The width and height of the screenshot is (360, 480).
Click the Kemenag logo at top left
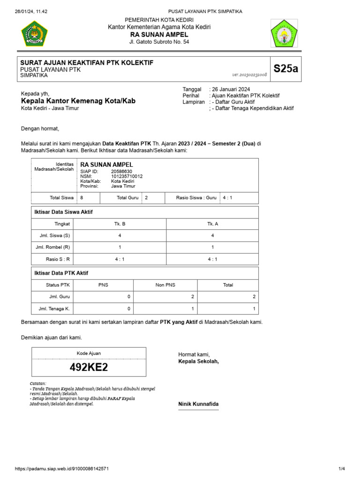35,33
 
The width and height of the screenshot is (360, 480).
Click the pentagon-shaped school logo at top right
284,34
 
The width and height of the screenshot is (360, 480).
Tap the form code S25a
285,68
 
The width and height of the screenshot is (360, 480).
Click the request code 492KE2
89,367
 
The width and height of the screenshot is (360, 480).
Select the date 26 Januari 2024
231,89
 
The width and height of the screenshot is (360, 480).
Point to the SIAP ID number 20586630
121,172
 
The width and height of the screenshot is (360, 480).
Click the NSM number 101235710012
127,176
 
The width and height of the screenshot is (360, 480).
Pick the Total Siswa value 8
82,198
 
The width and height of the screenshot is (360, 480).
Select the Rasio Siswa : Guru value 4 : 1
227,198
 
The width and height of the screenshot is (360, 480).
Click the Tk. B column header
120,224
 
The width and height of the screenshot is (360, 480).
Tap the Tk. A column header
213,224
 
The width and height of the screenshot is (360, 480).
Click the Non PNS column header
165,285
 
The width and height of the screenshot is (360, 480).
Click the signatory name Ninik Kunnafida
198,404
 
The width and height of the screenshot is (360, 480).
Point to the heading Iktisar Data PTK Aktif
61,273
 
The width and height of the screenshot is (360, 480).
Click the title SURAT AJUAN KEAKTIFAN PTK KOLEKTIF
87,63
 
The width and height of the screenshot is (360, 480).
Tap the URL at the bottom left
62,469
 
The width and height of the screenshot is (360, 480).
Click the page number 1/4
341,469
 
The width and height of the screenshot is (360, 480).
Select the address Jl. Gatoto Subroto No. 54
159,42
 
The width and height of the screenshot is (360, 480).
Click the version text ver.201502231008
249,75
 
